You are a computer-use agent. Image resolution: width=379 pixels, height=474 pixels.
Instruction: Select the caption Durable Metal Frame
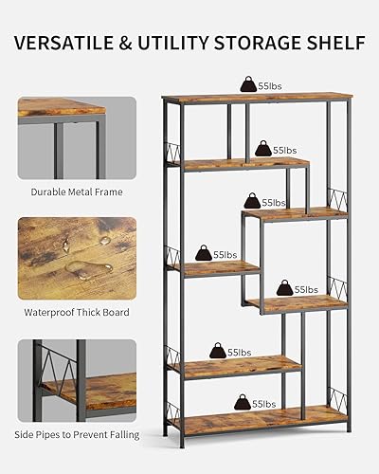click(76, 191)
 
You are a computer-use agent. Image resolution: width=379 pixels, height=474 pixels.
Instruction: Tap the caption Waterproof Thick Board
click(76, 312)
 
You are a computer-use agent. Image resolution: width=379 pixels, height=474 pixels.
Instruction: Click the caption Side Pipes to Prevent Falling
click(76, 434)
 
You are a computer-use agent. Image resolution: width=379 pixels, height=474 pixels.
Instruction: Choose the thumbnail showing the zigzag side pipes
click(76, 379)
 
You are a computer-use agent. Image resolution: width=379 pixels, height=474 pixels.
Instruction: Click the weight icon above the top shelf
click(248, 84)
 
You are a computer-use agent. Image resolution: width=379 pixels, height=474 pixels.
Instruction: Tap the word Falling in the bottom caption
click(121, 434)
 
